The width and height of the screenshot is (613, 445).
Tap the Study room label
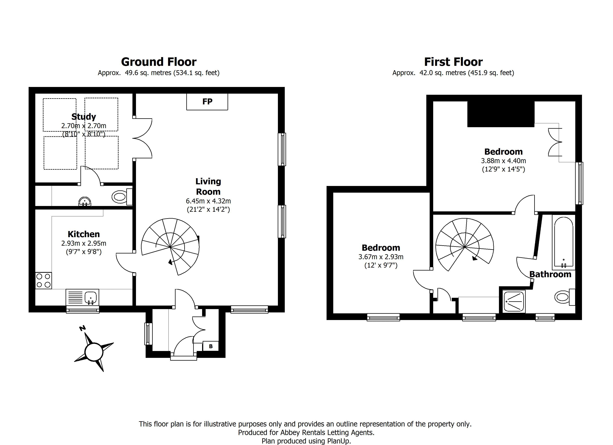tap(84, 117)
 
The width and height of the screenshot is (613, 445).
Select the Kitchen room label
tap(84, 234)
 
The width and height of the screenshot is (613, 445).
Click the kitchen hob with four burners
tap(43, 281)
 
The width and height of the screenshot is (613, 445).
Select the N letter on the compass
tap(82, 328)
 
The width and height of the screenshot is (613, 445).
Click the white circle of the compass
tap(94, 352)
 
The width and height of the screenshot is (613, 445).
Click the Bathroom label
tap(550, 274)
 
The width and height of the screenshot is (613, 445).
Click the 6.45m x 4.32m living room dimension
tap(208, 201)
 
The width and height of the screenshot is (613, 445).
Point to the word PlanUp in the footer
tap(338, 441)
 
